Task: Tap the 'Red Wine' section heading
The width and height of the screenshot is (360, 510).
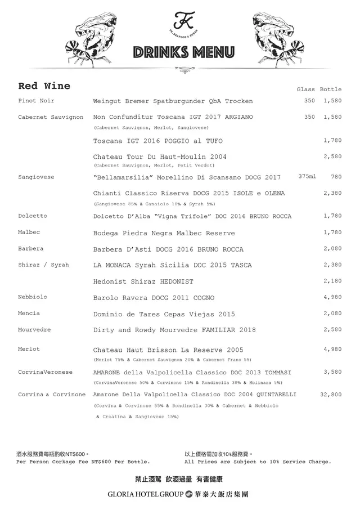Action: [x=44, y=86]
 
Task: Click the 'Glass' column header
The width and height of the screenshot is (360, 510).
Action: [x=305, y=90]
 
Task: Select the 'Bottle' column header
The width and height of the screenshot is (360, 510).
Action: [x=331, y=90]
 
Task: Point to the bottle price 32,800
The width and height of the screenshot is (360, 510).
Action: [x=331, y=395]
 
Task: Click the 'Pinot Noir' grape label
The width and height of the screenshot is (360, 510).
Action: [x=36, y=101]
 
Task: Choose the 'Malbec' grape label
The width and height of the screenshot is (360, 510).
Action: [x=29, y=232]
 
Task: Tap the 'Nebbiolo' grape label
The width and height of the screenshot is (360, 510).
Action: [x=33, y=297]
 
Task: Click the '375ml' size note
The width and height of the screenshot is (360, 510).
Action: [x=307, y=177]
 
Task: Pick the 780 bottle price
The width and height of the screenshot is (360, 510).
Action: [x=336, y=177]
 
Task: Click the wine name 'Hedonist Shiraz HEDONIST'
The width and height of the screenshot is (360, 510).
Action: [x=143, y=281]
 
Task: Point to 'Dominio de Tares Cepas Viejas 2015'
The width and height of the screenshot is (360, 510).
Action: [x=164, y=314]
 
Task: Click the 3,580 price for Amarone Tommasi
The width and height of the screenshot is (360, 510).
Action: [x=332, y=372]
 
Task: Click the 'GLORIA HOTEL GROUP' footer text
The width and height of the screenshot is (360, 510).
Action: [x=145, y=495]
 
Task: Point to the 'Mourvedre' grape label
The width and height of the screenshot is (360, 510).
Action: [x=34, y=329]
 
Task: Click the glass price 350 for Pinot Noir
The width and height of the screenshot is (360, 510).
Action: [x=309, y=101]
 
